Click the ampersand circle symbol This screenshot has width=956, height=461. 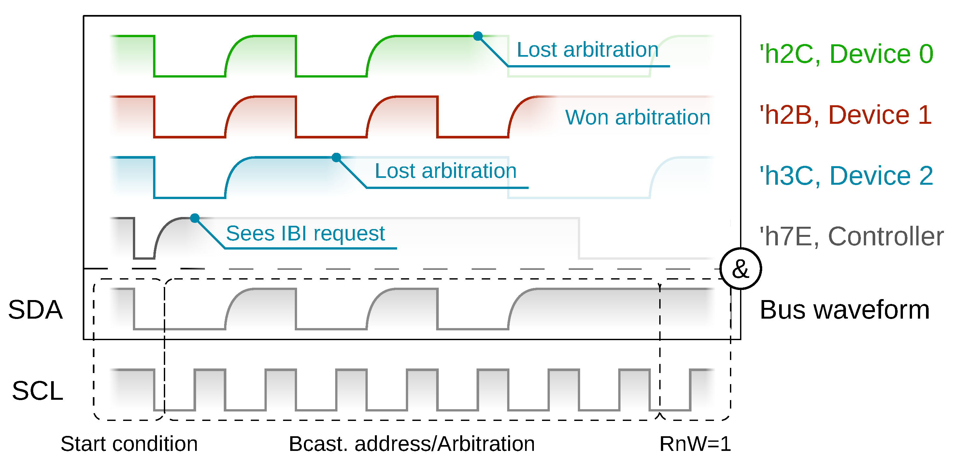point(740,269)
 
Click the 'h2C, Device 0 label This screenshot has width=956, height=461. point(846,54)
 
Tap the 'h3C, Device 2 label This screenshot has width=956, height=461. point(846,176)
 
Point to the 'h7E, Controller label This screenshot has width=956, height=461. point(851,237)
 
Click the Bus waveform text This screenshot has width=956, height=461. point(845,310)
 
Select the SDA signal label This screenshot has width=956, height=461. point(35,310)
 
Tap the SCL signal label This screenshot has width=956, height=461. point(37,391)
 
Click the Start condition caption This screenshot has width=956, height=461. point(129,444)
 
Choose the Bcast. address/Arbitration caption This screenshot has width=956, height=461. point(412,444)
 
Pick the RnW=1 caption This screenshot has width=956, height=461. point(695,444)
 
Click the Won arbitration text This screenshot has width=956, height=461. point(637,118)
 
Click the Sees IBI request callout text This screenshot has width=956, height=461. point(305,234)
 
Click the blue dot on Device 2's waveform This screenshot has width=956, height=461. point(336,157)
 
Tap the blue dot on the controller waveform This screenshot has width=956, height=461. point(195,218)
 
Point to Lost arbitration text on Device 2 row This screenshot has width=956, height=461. point(445,171)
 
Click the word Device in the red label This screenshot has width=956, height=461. point(868,115)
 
